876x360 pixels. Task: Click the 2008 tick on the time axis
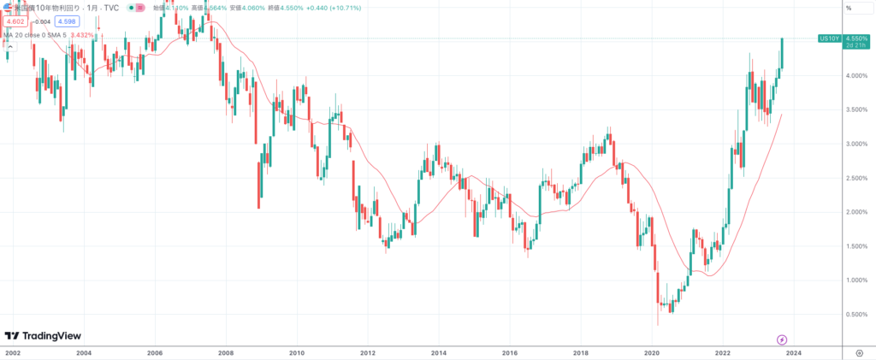[225, 351]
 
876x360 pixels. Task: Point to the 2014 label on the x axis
[439, 351]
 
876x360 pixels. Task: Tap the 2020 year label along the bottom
[652, 351]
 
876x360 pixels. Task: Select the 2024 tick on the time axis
[794, 351]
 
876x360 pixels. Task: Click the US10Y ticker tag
[828, 38]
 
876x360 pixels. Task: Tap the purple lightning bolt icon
[781, 339]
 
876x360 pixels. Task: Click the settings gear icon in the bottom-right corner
[858, 351]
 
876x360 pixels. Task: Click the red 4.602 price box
[15, 21]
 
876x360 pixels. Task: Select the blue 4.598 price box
[68, 21]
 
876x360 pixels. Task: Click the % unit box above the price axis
[849, 8]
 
